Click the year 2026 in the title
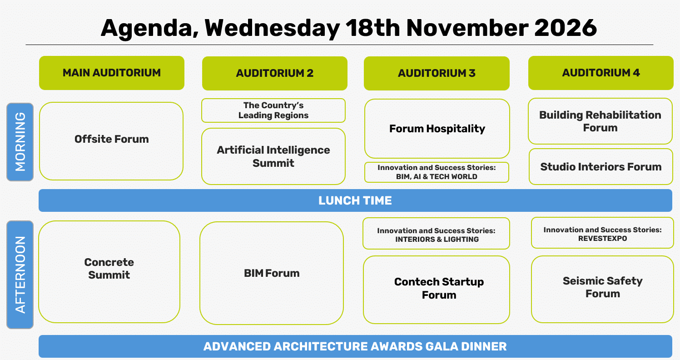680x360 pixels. (565, 28)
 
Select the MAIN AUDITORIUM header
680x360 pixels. (112, 73)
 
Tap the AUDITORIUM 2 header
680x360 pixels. (275, 73)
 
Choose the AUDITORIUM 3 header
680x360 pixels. (437, 73)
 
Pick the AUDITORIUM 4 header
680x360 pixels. (601, 73)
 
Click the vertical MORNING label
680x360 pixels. (20, 142)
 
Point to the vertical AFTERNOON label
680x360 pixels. (20, 275)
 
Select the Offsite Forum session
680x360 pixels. (111, 141)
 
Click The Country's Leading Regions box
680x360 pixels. (273, 110)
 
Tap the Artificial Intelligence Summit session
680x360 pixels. (273, 156)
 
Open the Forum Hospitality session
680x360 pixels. (437, 129)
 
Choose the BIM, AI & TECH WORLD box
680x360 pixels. (437, 172)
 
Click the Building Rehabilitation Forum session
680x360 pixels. (600, 121)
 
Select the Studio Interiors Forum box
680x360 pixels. (601, 166)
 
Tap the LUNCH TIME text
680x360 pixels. (355, 200)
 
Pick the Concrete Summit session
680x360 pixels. (109, 272)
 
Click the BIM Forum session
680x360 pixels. (271, 273)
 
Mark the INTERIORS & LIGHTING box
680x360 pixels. (436, 233)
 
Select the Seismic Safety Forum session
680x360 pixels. (602, 289)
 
